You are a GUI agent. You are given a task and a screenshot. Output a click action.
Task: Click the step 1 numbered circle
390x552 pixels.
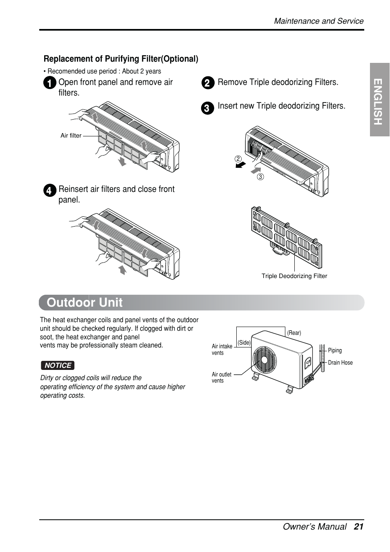pyautogui.click(x=49, y=83)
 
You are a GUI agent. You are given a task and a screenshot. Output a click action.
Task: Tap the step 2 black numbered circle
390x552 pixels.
pyautogui.click(x=208, y=83)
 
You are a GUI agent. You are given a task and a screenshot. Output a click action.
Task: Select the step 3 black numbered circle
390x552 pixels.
pyautogui.click(x=208, y=108)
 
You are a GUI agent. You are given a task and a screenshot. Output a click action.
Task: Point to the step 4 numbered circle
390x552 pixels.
pyautogui.click(x=49, y=191)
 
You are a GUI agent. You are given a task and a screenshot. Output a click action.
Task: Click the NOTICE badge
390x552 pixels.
pyautogui.click(x=58, y=365)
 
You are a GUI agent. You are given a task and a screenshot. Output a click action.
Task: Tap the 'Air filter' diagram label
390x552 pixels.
pyautogui.click(x=71, y=136)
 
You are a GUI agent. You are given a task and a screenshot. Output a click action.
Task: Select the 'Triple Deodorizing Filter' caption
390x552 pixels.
pyautogui.click(x=294, y=276)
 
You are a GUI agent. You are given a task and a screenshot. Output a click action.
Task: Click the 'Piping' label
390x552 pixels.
pyautogui.click(x=335, y=350)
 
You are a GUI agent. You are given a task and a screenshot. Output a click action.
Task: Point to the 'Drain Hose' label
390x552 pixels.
pyautogui.click(x=340, y=363)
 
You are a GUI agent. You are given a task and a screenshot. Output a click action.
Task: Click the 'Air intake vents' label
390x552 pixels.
pyautogui.click(x=222, y=349)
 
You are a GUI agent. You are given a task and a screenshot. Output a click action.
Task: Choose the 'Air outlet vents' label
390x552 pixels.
pyautogui.click(x=221, y=377)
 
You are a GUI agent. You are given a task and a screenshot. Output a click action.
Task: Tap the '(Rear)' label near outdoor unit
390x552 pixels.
pyautogui.click(x=294, y=333)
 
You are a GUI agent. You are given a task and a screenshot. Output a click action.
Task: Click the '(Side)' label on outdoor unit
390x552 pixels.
pyautogui.click(x=244, y=343)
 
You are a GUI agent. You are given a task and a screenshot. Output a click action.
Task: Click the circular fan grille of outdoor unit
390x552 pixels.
pyautogui.click(x=264, y=360)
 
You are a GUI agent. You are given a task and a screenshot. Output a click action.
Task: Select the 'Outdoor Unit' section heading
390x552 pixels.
pyautogui.click(x=85, y=303)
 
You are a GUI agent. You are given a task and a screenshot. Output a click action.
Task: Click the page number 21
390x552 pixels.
pyautogui.click(x=359, y=527)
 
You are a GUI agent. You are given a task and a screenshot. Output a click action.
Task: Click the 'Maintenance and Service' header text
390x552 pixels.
pyautogui.click(x=318, y=21)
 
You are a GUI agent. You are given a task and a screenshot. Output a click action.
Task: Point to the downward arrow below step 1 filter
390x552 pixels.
pyautogui.click(x=122, y=162)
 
